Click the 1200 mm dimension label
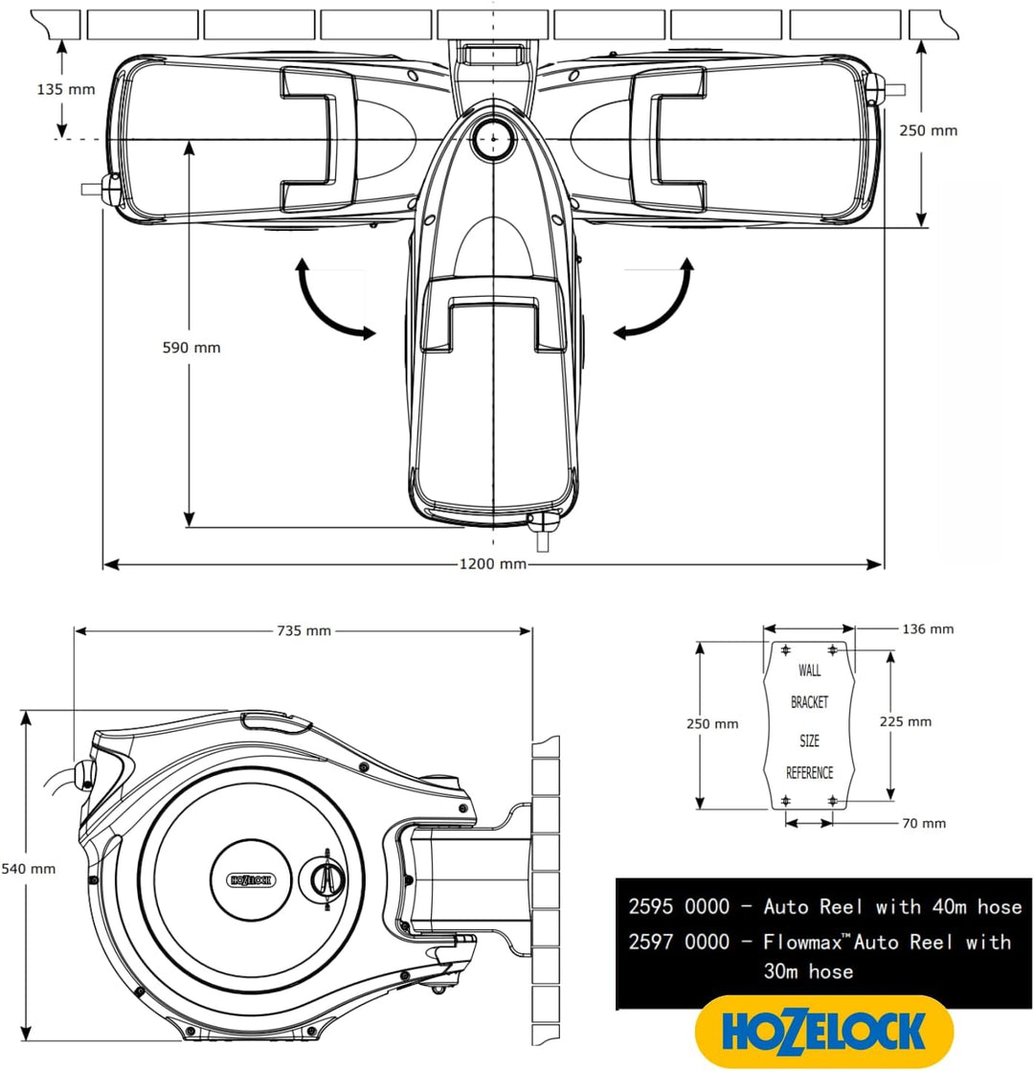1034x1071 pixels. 493,564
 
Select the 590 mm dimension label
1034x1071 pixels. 191,348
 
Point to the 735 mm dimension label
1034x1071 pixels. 303,630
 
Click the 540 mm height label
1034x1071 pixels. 28,869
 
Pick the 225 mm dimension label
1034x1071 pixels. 906,721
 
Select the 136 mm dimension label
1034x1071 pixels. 928,629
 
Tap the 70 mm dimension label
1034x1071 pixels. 923,823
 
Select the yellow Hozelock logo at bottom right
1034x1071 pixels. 823,1032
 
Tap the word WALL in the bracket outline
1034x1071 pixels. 809,671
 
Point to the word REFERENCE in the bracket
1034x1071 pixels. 809,773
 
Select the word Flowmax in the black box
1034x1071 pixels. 802,943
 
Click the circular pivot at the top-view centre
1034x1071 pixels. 493,136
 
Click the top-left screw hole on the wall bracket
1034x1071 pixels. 786,650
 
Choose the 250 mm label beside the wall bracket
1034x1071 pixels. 713,724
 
